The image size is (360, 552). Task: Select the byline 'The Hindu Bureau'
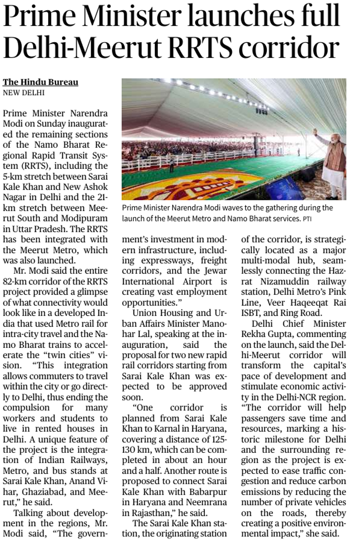(x=41, y=82)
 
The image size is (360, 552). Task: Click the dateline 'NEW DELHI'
(x=24, y=93)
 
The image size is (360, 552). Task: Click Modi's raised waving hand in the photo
(x=315, y=132)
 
